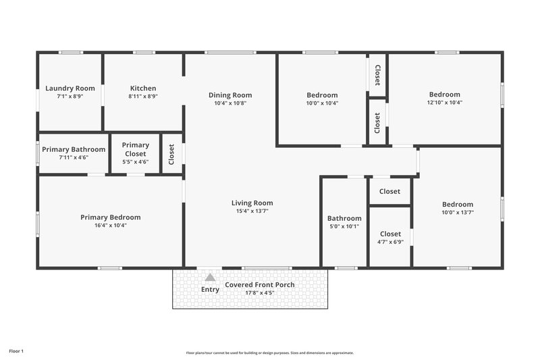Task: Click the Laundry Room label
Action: tap(70, 88)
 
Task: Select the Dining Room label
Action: tap(230, 95)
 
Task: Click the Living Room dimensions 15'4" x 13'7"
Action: tap(252, 211)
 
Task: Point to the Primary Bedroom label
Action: tap(111, 217)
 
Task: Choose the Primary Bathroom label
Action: tap(74, 149)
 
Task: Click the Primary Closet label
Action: tap(136, 149)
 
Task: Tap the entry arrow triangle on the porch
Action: tap(210, 277)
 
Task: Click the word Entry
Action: tap(210, 290)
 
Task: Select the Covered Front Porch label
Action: tap(260, 285)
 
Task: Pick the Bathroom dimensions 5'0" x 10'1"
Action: tap(344, 226)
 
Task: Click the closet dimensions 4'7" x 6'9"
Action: tap(390, 242)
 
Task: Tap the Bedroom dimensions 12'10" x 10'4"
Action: tap(445, 103)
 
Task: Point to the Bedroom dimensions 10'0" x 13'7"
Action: tap(458, 213)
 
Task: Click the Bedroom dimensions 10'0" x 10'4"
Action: tap(322, 103)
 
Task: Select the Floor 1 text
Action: tap(16, 351)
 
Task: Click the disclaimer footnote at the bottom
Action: tap(269, 353)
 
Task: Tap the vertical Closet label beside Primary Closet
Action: tap(171, 154)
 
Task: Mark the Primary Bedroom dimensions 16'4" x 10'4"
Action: tap(111, 226)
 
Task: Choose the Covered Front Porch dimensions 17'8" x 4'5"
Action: tap(260, 293)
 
